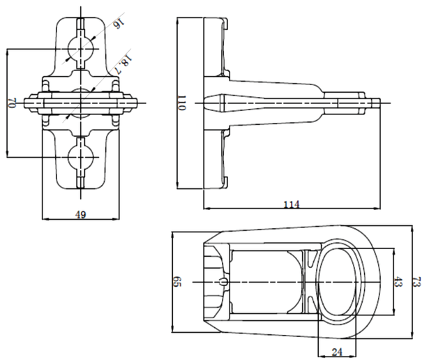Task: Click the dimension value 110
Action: [x=181, y=103]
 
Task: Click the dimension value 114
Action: [x=292, y=204]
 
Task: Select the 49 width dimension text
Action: [x=80, y=215]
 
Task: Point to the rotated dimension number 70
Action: [x=12, y=103]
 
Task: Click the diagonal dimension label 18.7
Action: [x=123, y=65]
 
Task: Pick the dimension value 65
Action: [x=177, y=282]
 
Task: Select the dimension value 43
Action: [x=398, y=282]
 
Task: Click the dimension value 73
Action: [x=416, y=282]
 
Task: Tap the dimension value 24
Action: [x=337, y=352]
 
